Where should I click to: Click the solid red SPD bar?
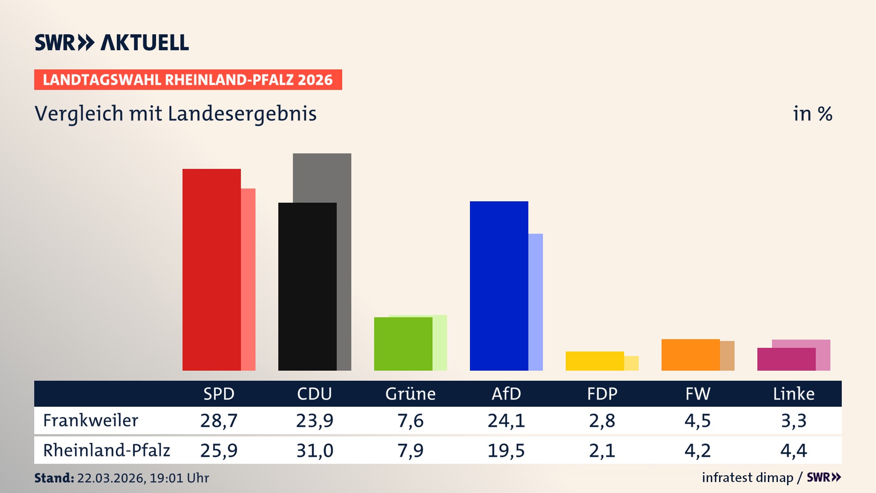coord(211,269)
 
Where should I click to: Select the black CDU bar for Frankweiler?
coord(307,286)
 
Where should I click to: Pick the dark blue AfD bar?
coord(499,286)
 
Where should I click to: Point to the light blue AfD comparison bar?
coord(536,302)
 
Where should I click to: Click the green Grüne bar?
coord(403,344)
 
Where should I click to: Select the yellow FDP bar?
coord(594,361)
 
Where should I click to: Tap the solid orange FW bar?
coord(690,355)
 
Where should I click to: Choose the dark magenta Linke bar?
coord(786,359)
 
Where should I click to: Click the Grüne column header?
coord(410,393)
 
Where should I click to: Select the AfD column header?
coord(506,393)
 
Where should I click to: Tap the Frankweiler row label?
coord(90,420)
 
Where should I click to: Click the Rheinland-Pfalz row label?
coord(106,451)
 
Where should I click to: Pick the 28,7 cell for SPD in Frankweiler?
coord(219,420)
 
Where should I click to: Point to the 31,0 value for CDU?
coord(314,451)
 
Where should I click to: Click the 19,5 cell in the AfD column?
coord(506,451)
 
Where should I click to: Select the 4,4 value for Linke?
coord(793,451)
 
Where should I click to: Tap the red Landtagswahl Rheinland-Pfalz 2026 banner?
coord(188,80)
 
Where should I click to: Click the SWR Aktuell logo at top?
coord(112,42)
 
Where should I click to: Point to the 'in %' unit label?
coord(813,114)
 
